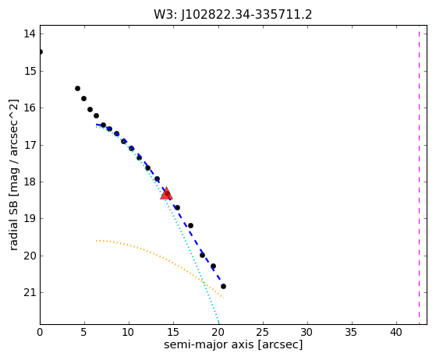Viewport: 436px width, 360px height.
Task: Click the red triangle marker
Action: [x=167, y=193]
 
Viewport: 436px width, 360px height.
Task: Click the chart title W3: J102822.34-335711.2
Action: [x=233, y=15]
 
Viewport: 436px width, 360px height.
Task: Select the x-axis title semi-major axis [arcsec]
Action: [x=233, y=344]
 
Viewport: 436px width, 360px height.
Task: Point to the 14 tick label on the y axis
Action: [x=30, y=34]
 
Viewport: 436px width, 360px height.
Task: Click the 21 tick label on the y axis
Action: [x=30, y=292]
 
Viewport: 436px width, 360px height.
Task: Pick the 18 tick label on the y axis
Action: [x=30, y=182]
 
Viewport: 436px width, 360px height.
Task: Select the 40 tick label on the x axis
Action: [x=396, y=332]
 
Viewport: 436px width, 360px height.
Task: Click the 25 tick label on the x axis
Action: [x=263, y=332]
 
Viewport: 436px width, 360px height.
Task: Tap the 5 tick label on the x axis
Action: [x=84, y=332]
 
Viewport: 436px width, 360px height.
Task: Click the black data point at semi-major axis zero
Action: [x=41, y=52]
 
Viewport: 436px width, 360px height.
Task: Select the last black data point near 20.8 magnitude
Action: [x=223, y=287]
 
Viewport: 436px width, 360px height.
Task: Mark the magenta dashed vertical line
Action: [x=419, y=175]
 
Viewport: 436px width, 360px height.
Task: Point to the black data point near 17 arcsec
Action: [x=190, y=225]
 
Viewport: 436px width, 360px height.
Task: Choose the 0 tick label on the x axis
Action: [x=40, y=332]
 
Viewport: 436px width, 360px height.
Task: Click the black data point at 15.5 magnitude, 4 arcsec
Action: [x=77, y=89]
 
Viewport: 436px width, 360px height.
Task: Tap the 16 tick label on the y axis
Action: [x=30, y=108]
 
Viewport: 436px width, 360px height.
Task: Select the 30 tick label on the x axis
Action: [x=307, y=332]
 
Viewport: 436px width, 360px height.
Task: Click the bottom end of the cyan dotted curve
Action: [x=218, y=323]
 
